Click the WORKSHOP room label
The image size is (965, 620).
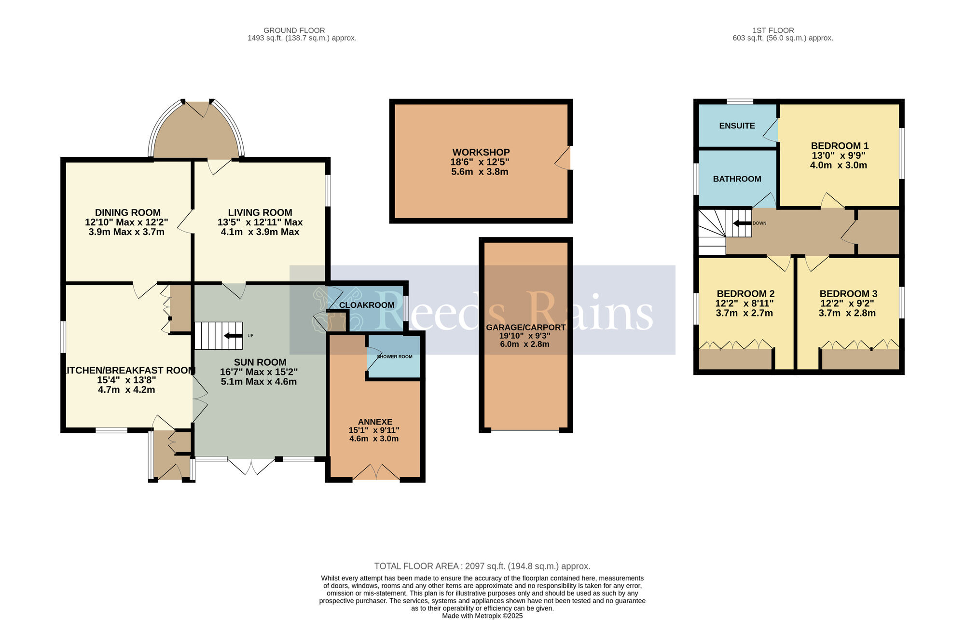(481, 152)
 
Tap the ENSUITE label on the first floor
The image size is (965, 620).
(737, 126)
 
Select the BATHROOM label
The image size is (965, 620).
(737, 179)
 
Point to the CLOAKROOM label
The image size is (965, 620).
(367, 305)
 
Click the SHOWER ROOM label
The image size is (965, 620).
(395, 357)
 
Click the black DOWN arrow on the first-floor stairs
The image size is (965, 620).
(742, 223)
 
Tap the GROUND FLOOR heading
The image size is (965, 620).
(294, 30)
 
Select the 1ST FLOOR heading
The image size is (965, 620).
(773, 30)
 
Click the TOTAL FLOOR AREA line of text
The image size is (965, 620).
(482, 566)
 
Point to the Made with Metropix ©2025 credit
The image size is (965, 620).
(482, 616)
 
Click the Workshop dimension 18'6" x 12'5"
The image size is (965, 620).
(480, 162)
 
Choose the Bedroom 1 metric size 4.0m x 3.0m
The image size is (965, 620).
(839, 165)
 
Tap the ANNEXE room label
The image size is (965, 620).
(375, 422)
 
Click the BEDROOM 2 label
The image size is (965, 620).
(745, 294)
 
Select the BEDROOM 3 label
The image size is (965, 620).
(848, 294)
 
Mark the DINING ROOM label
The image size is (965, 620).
(128, 213)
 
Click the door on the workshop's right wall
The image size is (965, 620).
(563, 158)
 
